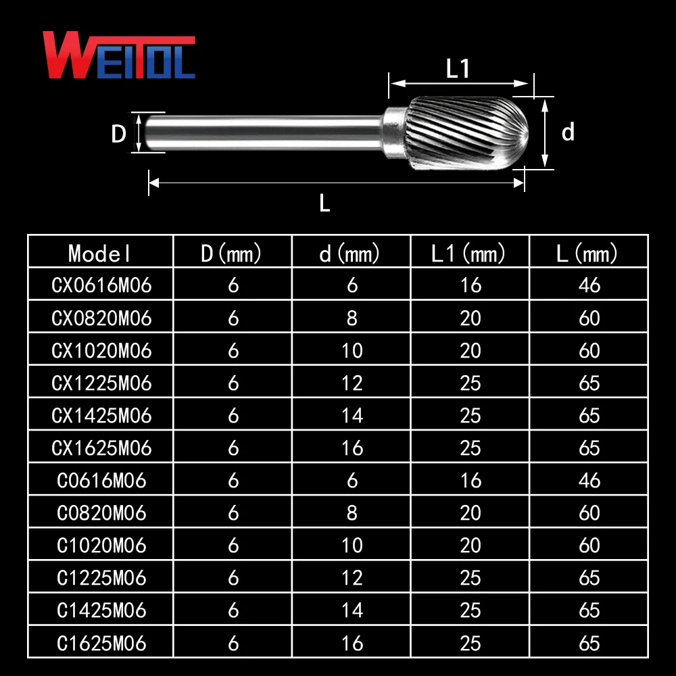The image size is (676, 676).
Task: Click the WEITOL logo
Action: (x=119, y=55)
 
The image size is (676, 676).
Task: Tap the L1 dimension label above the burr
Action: (x=458, y=69)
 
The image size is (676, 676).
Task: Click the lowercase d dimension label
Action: (x=568, y=132)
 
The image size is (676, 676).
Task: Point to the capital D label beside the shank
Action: (x=119, y=134)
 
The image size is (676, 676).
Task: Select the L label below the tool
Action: (x=324, y=202)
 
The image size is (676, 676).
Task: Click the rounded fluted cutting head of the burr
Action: (x=473, y=131)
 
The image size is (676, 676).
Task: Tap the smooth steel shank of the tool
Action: (x=264, y=131)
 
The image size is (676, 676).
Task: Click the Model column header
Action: (x=100, y=254)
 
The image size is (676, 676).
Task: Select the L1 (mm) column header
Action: (x=469, y=254)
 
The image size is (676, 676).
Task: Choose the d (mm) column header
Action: (x=351, y=254)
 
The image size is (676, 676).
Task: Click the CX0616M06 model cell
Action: (x=101, y=285)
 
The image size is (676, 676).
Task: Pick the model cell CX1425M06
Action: (x=101, y=415)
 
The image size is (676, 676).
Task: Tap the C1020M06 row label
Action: (x=101, y=545)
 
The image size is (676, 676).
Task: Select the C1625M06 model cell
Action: (x=101, y=643)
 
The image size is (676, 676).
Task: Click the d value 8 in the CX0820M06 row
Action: (x=352, y=318)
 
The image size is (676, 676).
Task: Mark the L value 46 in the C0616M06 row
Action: (x=589, y=480)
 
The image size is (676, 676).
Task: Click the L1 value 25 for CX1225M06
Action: (x=470, y=383)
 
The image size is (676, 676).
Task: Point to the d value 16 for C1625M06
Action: (x=352, y=643)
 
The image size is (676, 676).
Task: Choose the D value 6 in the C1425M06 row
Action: (x=233, y=610)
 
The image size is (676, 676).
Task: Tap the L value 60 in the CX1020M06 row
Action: (x=589, y=350)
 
